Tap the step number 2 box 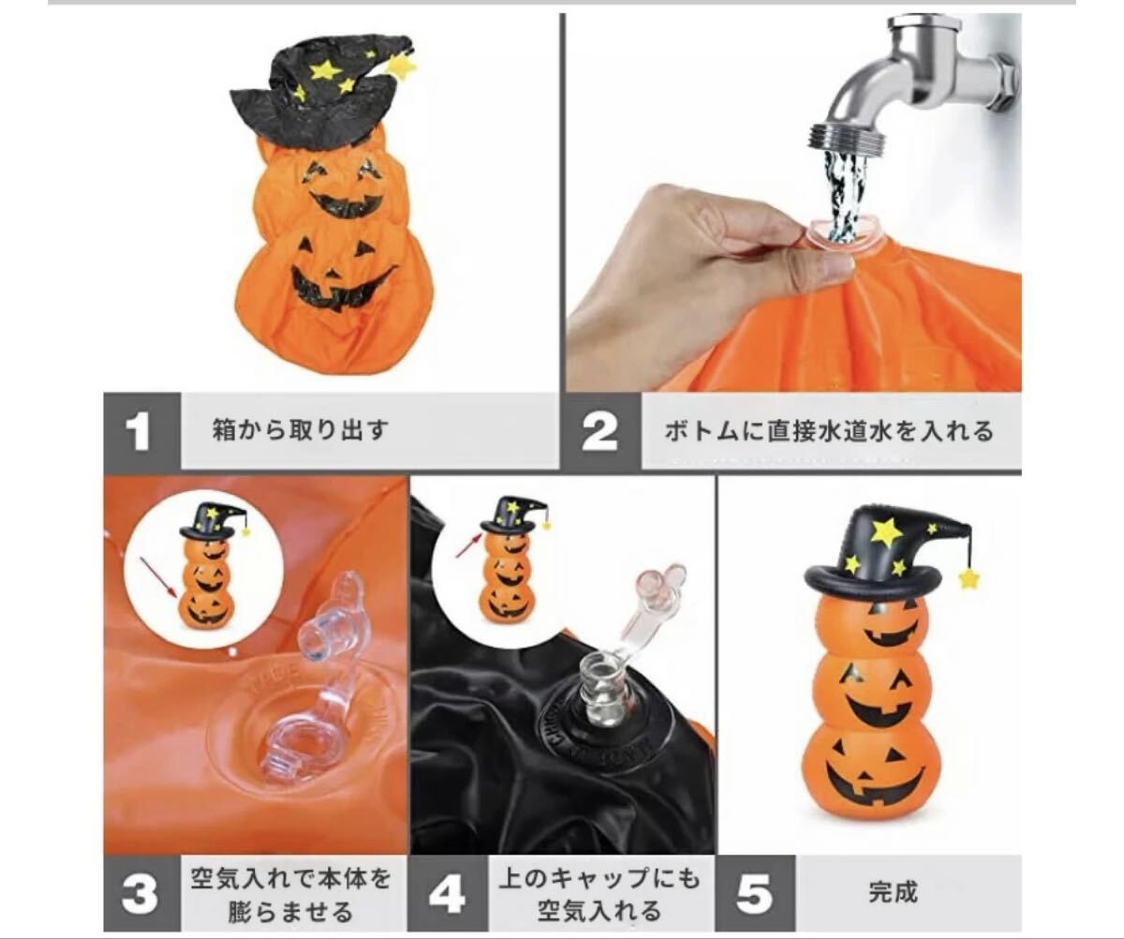click(602, 431)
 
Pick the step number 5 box click(755, 894)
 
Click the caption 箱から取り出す click(301, 430)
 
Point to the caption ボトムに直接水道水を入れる click(830, 431)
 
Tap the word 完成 click(893, 892)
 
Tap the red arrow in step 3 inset click(158, 577)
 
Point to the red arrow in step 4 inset click(468, 545)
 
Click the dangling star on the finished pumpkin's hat click(969, 579)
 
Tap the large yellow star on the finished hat click(887, 530)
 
